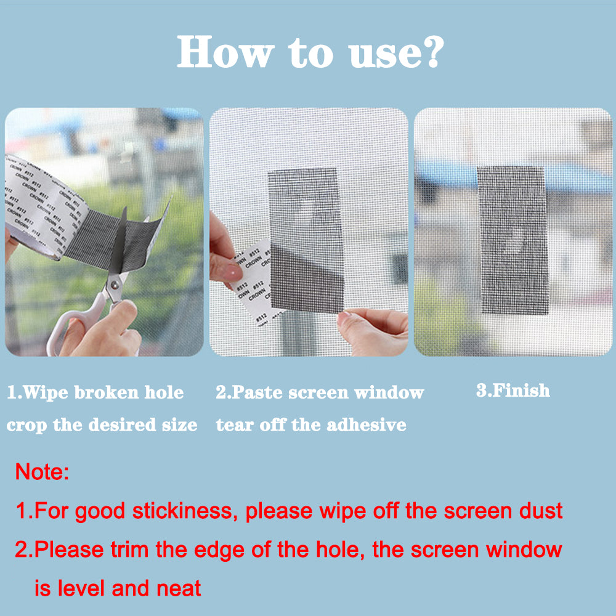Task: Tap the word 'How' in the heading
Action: (x=223, y=52)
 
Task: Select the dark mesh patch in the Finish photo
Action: (x=513, y=240)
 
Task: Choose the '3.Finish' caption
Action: (x=513, y=391)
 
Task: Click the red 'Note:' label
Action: (x=42, y=473)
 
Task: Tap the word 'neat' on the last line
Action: (x=180, y=588)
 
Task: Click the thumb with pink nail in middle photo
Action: (x=227, y=270)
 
